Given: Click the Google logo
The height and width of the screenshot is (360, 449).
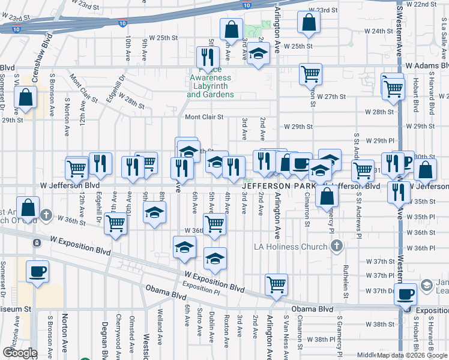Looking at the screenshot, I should pos(19,353).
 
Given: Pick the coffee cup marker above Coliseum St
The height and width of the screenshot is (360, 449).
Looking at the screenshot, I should pos(37,271).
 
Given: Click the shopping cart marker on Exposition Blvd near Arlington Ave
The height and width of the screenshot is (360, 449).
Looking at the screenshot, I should pos(276,284).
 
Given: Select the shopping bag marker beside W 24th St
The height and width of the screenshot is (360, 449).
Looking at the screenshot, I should pos(309,22).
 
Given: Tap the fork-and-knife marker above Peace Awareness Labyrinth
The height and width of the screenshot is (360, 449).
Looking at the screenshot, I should pos(205,58).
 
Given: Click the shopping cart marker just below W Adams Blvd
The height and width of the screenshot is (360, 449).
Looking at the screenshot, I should pos(310,74).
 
